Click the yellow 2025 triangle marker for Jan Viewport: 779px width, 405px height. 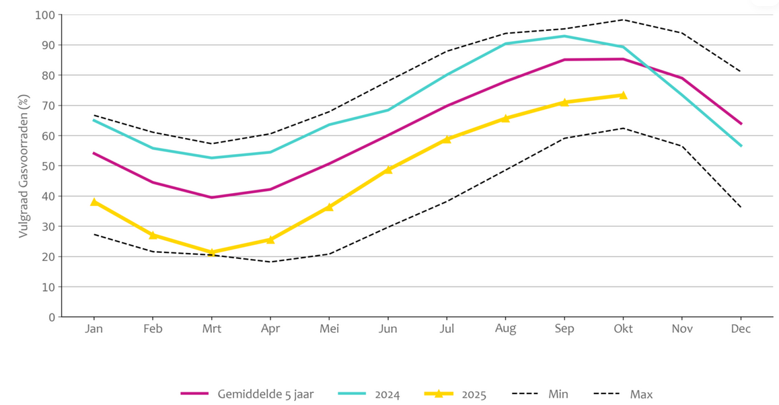click(x=94, y=202)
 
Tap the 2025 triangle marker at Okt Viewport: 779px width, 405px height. click(x=623, y=95)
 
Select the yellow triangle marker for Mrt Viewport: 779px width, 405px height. click(x=212, y=252)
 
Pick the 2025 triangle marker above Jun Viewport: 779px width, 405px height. click(x=387, y=170)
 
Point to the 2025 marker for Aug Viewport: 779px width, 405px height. click(x=506, y=118)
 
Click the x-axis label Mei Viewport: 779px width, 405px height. click(x=329, y=329)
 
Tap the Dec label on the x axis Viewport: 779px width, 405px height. click(x=741, y=329)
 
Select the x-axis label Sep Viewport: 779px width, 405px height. click(x=564, y=329)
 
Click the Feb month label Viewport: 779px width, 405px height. click(x=153, y=329)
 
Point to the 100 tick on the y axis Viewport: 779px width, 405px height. click(x=45, y=15)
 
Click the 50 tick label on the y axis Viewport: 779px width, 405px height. click(x=48, y=166)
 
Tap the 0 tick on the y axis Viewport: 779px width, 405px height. click(x=51, y=317)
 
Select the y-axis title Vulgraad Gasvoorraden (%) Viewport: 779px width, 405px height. click(x=24, y=166)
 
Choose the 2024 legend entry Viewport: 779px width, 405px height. click(x=387, y=394)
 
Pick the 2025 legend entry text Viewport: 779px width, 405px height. click(x=474, y=394)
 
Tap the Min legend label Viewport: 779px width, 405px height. click(x=558, y=394)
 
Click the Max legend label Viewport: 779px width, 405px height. click(x=641, y=394)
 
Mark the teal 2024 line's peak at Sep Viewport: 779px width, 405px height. click(x=564, y=36)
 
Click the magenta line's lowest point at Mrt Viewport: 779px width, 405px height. click(x=212, y=197)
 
